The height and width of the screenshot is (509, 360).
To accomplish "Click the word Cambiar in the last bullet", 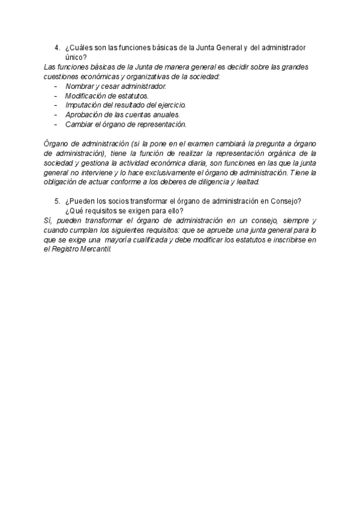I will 79,124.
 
